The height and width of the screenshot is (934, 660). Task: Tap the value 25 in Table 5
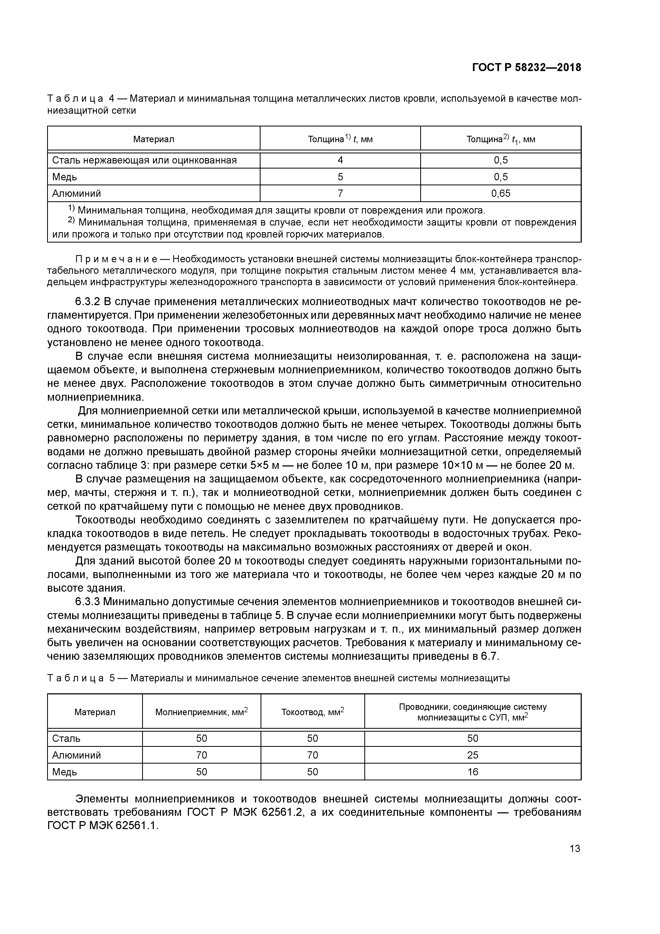click(x=473, y=755)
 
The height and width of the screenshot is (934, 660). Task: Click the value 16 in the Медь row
click(x=473, y=772)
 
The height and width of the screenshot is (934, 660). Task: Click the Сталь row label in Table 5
click(x=66, y=738)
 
